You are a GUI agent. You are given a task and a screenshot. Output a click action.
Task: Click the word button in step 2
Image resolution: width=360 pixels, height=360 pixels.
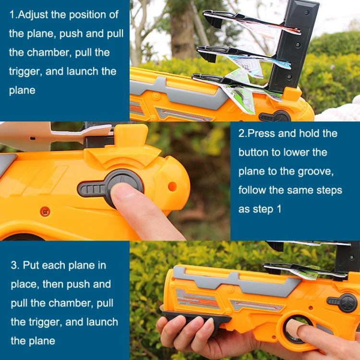(255, 152)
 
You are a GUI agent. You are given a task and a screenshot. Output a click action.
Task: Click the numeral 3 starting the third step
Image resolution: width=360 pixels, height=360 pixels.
(14, 265)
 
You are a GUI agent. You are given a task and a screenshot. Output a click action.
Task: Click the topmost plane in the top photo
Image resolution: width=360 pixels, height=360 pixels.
(250, 22)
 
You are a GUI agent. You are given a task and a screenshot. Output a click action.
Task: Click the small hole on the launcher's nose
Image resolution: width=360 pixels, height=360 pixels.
(172, 186)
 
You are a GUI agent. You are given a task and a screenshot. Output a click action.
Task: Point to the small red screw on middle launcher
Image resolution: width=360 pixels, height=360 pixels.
(45, 211)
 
